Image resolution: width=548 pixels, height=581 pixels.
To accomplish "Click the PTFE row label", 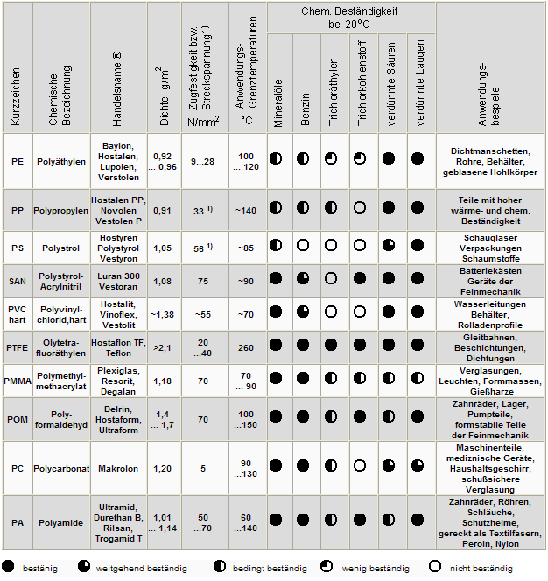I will coord(18,347).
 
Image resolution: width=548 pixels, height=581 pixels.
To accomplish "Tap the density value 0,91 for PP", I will coord(162,210).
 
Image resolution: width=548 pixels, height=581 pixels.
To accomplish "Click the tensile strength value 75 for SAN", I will coord(203,281).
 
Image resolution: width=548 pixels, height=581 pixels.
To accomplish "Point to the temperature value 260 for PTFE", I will coord(245,347).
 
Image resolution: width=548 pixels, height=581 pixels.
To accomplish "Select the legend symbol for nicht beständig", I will coord(434,567).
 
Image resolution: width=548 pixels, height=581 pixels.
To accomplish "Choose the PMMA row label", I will coord(18,381).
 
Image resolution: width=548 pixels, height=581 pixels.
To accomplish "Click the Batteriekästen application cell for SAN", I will coord(490,280).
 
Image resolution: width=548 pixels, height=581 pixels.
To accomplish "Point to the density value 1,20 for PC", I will coord(162,469).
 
